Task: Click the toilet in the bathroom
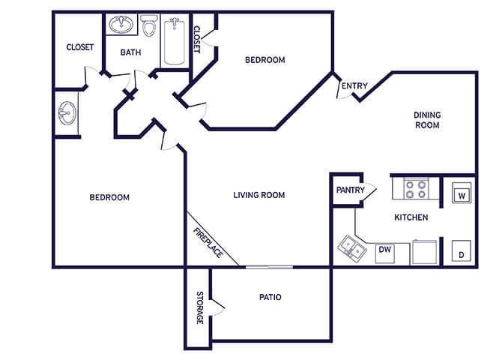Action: (x=149, y=25)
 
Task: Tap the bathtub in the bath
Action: (x=174, y=41)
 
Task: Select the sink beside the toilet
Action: (x=121, y=24)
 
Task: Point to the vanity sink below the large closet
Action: (x=67, y=113)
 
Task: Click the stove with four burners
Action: (x=416, y=189)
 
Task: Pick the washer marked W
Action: (x=462, y=193)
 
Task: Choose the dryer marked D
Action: (x=462, y=250)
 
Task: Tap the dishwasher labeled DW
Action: (x=385, y=253)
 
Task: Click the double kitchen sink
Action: (x=352, y=249)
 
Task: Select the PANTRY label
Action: (x=350, y=190)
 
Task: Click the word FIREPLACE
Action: (x=208, y=243)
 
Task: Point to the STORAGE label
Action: (x=199, y=307)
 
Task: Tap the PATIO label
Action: (x=270, y=297)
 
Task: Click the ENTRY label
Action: (x=354, y=85)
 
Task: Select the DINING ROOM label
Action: (x=427, y=120)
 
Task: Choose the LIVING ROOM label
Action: (x=259, y=195)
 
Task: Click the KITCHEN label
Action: (x=411, y=217)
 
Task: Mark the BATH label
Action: (x=130, y=52)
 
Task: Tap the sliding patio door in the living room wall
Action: (x=269, y=267)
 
